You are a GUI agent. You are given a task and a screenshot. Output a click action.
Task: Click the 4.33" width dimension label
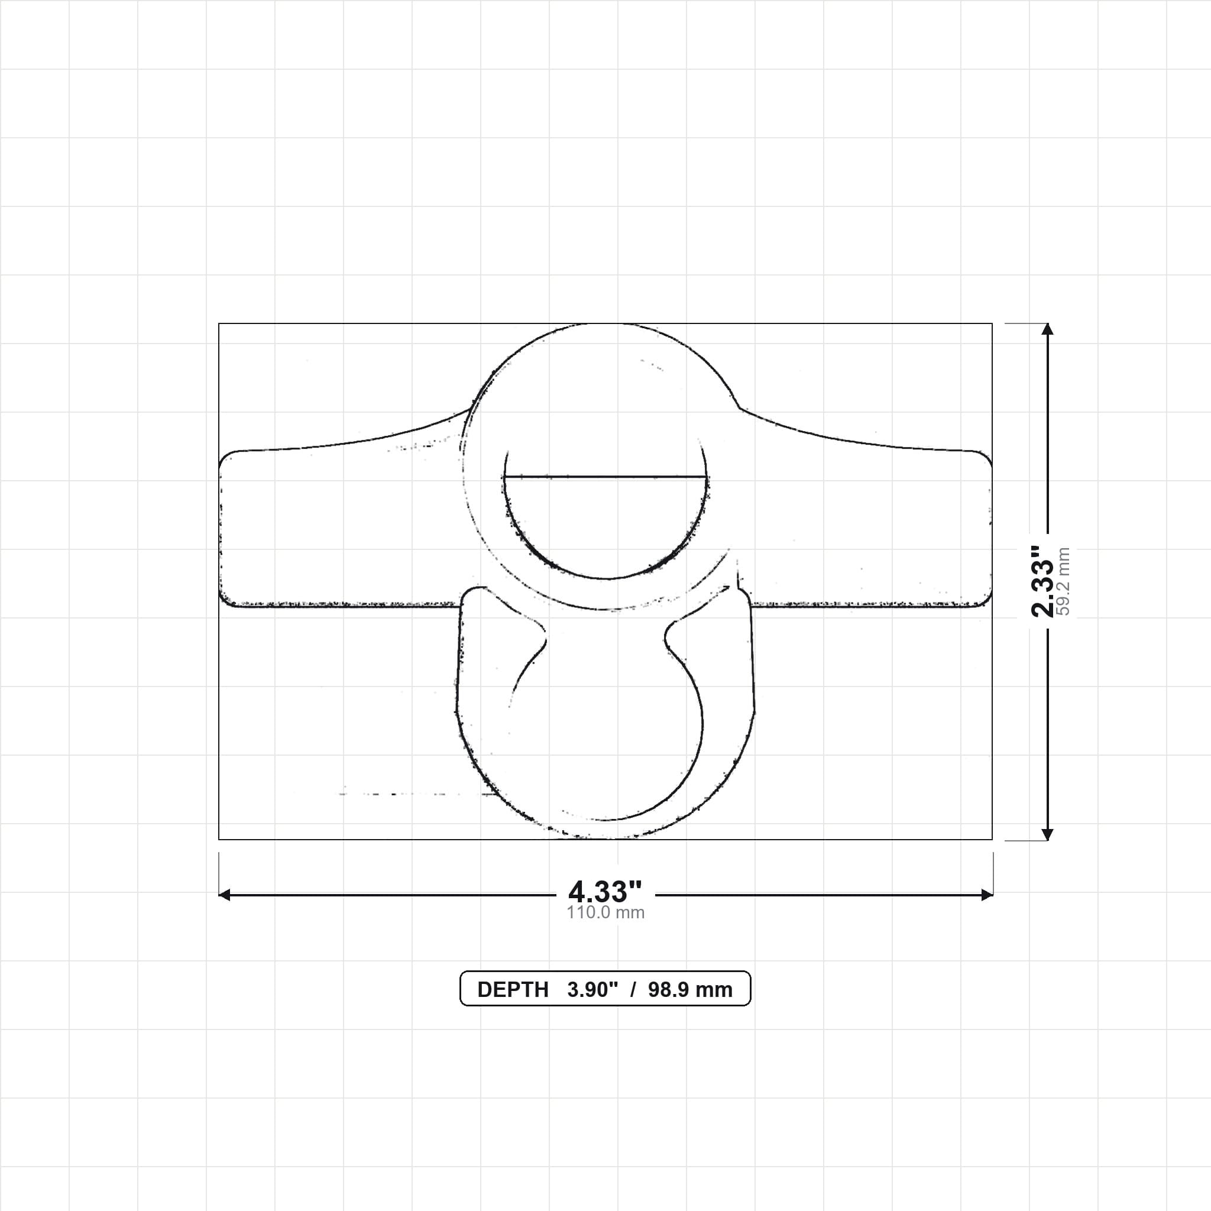coord(605,891)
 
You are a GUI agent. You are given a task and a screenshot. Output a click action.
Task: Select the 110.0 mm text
coord(605,912)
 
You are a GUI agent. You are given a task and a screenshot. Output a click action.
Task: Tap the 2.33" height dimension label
coord(1043,582)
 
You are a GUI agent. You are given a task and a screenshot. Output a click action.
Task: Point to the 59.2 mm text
coord(1063,582)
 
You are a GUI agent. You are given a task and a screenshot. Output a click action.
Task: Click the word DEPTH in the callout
coord(513,990)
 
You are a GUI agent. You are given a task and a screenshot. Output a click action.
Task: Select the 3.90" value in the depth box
coord(592,990)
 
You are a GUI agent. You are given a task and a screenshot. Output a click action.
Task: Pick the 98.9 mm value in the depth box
coord(690,990)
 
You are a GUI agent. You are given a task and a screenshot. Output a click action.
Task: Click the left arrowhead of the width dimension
coord(224,895)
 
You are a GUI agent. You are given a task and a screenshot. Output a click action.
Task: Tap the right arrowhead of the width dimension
coord(987,895)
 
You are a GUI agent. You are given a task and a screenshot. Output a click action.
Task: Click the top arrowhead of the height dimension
coord(1047,329)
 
